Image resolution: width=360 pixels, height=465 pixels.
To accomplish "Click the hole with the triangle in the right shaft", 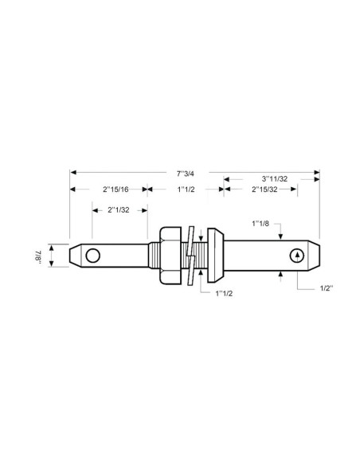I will pos(296,255).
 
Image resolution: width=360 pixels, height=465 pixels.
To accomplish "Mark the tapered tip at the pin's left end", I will pos(74,255).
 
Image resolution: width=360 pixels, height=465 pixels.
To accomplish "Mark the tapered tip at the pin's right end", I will pos(313,255).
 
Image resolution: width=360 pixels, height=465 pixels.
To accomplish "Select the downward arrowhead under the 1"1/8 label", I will pos(280,235).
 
